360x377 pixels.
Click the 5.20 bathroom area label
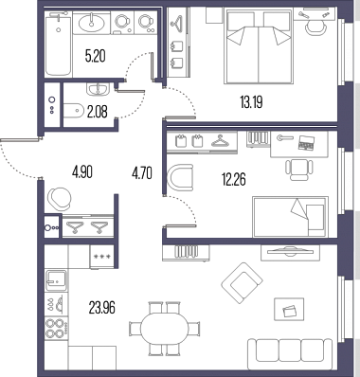[x=95, y=56]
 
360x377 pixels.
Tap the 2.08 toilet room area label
[x=97, y=112]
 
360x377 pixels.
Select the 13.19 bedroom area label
[x=251, y=102]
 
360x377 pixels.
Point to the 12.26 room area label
[x=234, y=180]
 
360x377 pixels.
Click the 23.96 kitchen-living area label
[x=102, y=308]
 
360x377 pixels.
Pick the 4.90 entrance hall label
[x=82, y=172]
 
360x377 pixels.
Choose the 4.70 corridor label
[x=142, y=173]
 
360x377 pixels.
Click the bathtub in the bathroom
[x=58, y=44]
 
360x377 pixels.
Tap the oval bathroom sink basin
[x=92, y=23]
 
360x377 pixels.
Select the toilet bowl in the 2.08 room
[x=72, y=111]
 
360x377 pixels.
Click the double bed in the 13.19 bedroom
[x=259, y=46]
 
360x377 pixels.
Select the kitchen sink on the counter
[x=56, y=279]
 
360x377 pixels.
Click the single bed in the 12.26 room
[x=290, y=217]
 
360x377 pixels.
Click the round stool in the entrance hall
[x=60, y=199]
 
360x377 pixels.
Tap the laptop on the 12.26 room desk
[x=306, y=142]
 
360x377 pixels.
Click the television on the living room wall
[x=287, y=251]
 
